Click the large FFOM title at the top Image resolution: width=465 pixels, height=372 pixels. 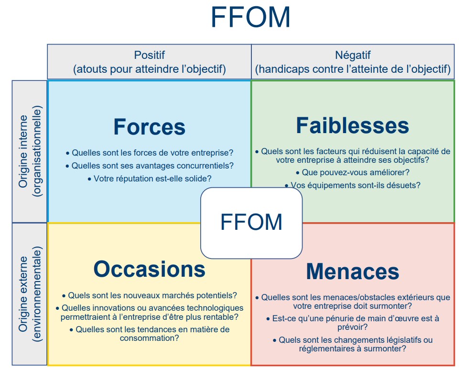(250, 17)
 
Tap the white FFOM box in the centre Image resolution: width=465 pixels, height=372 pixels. (251, 223)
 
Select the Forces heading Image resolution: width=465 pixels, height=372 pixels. (149, 127)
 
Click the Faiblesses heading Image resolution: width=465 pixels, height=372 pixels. (352, 125)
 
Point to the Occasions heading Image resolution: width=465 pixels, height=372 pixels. (149, 269)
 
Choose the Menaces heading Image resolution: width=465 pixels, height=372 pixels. (352, 271)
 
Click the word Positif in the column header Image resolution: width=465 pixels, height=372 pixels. (149, 56)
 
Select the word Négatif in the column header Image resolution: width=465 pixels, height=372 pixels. (353, 56)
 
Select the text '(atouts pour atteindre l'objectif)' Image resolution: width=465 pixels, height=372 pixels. (149, 69)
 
